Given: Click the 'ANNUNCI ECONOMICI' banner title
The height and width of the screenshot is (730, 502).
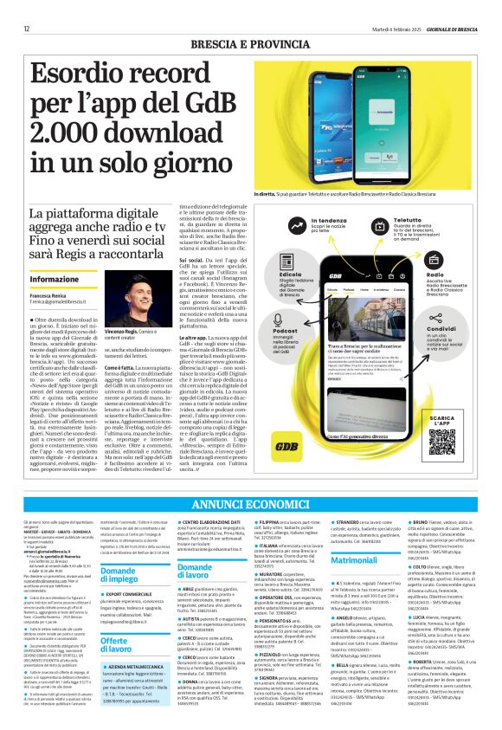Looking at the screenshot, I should click(250, 504).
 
